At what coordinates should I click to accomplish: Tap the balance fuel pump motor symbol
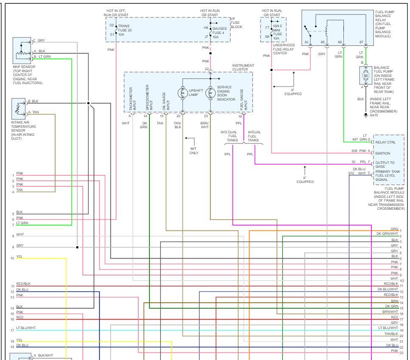pos(366,76)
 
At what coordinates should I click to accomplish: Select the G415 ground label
pos(373,115)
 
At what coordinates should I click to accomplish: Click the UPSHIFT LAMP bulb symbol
pos(183,93)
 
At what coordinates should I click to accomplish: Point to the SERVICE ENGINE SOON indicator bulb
pos(210,93)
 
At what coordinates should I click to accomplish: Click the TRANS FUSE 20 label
pos(125,30)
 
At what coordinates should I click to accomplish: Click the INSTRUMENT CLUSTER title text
pos(243,67)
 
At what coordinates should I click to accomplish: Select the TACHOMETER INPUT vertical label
pos(132,98)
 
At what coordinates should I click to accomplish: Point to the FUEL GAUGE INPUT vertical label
pos(244,100)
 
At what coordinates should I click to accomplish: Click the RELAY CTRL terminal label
pos(385,142)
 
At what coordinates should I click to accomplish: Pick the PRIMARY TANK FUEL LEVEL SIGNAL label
pos(388,176)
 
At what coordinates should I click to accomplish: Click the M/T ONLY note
pos(194,151)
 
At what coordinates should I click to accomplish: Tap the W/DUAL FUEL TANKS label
pos(253,136)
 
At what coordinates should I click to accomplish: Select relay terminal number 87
pos(361,42)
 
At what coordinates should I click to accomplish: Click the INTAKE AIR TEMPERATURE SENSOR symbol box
pos(19,109)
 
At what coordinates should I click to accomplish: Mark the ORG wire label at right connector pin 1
pos(394,229)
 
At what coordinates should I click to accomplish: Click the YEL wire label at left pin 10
pos(20,256)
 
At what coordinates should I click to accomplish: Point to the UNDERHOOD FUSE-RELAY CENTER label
pos(284,49)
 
